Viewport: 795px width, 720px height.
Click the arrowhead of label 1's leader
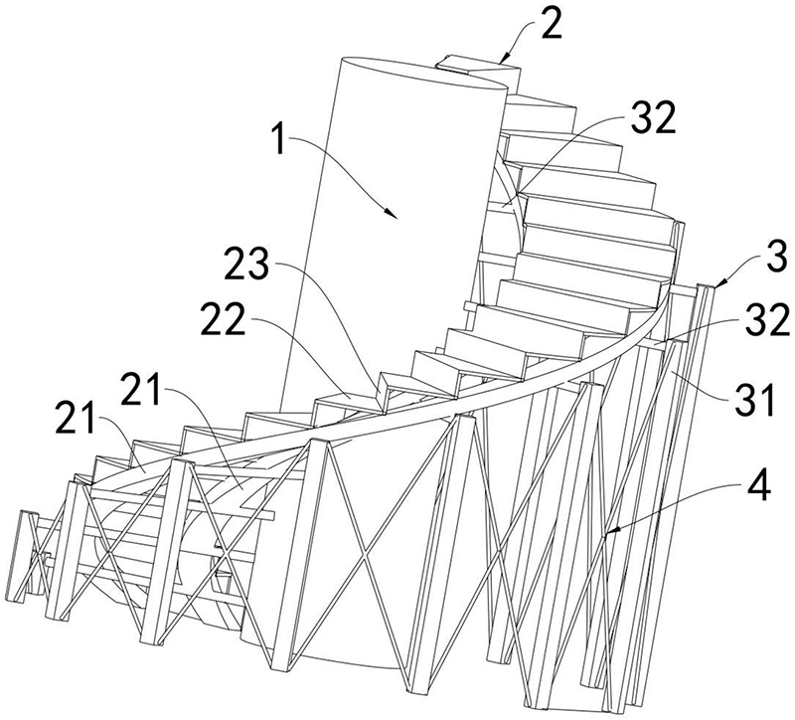click(395, 215)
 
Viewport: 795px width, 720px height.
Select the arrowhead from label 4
click(607, 537)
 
